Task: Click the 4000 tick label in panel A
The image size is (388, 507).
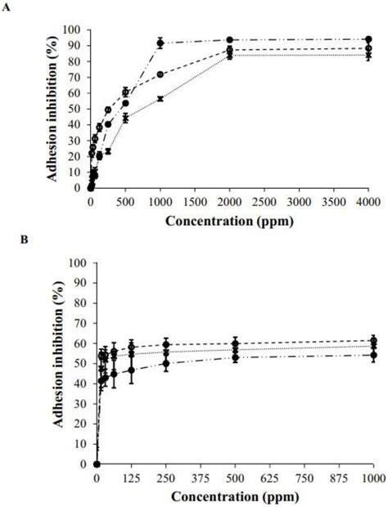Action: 368,200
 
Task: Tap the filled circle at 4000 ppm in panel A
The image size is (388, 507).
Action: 368,39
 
